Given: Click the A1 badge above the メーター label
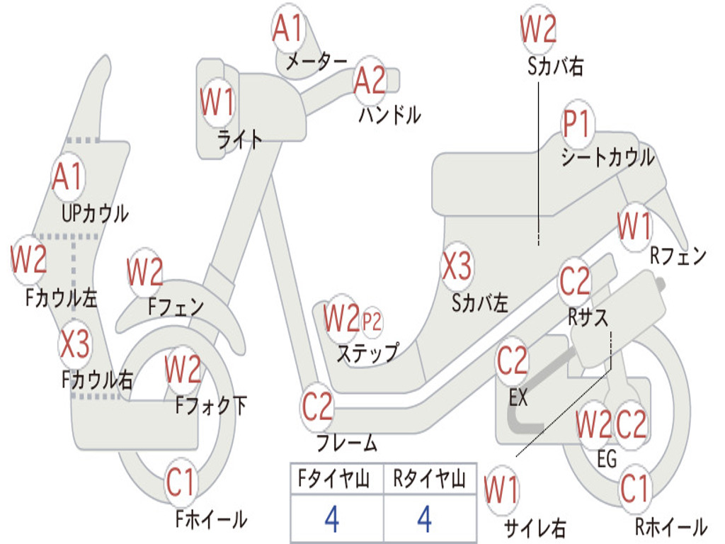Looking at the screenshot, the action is [288, 28].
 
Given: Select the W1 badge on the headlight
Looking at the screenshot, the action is [217, 102].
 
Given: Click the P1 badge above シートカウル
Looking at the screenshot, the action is [578, 123].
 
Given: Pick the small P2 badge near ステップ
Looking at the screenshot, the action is [372, 322].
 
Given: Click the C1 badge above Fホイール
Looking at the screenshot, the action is [181, 482].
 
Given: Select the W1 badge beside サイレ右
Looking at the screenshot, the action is [502, 490].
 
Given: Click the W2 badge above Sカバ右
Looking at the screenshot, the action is [538, 28].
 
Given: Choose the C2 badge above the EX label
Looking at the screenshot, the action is [513, 361].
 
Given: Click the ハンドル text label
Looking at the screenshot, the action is [390, 115].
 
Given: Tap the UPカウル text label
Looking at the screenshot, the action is [96, 214].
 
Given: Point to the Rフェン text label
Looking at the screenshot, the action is [678, 255].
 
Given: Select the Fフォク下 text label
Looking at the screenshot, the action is [211, 405].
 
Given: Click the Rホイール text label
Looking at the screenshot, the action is [671, 526].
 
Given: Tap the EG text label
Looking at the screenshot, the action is [607, 459].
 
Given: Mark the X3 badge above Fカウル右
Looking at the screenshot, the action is [75, 344].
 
